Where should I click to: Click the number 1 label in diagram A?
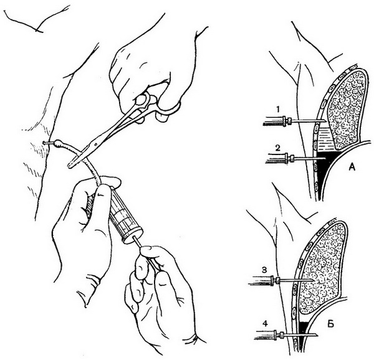tap(278, 110)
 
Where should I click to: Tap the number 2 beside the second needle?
tap(277, 148)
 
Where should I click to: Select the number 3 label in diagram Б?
tap(264, 270)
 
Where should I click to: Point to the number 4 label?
tap(265, 323)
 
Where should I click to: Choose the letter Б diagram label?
tap(330, 324)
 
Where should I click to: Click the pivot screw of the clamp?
tap(95, 144)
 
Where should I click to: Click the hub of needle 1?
tap(287, 121)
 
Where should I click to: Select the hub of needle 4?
tap(279, 334)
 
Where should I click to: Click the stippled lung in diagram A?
tap(347, 107)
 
